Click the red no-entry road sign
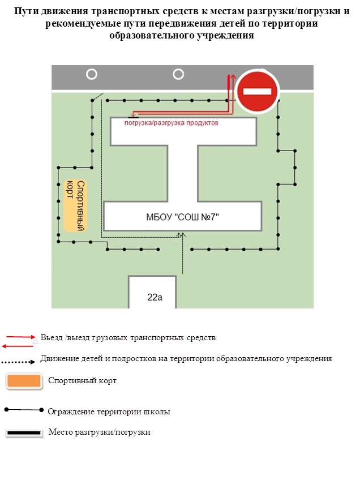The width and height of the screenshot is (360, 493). coord(257,91)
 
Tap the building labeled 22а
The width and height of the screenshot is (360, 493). coord(152,291)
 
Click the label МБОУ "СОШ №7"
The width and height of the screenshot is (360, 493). coord(182,217)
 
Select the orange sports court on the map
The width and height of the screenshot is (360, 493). coord(75,205)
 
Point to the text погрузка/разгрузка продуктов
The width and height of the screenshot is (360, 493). coord(171,123)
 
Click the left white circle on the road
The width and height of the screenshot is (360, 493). coord(92,75)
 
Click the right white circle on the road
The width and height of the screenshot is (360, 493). coord(178,75)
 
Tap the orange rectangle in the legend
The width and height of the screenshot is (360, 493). coord(24,381)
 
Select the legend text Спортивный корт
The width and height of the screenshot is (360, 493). coord(83,380)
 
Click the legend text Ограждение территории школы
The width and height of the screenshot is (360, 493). coord(109,411)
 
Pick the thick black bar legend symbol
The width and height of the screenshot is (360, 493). coord(24,433)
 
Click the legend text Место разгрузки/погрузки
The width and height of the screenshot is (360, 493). coord(100,432)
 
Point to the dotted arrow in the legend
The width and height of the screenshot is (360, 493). coord(18,362)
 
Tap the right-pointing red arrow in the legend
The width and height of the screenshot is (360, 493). coord(21,337)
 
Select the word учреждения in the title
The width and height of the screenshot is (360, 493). coord(225,35)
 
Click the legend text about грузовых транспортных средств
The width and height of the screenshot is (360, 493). coord(128,338)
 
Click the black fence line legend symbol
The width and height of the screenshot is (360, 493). coord(24,410)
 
